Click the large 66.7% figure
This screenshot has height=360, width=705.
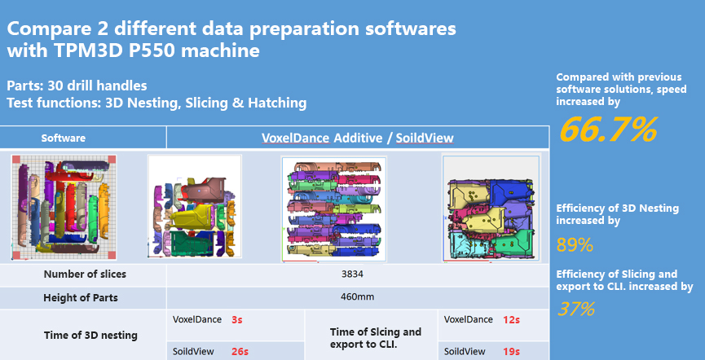pos(608,130)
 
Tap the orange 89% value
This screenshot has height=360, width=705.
pos(575,245)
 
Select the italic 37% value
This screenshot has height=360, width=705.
pos(576,310)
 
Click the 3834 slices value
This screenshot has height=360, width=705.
pos(352,274)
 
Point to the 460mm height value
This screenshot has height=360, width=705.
pos(352,297)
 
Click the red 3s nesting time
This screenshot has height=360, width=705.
pos(237,320)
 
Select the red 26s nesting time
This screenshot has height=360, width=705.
pos(240,352)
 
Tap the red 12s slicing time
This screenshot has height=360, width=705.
pos(511,320)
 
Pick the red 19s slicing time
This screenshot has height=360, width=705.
pos(511,352)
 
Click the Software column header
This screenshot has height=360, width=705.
pos(64,138)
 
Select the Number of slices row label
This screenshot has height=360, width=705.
pos(85,274)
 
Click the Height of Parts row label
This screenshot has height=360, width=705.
pos(80,297)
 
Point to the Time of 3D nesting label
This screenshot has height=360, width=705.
pos(90,336)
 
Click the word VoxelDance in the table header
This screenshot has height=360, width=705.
pos(295,138)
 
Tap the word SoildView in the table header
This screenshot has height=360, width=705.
pos(425,138)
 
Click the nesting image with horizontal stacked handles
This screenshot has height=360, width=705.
pos(333,209)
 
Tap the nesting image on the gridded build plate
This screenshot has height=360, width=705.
pos(64,208)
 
